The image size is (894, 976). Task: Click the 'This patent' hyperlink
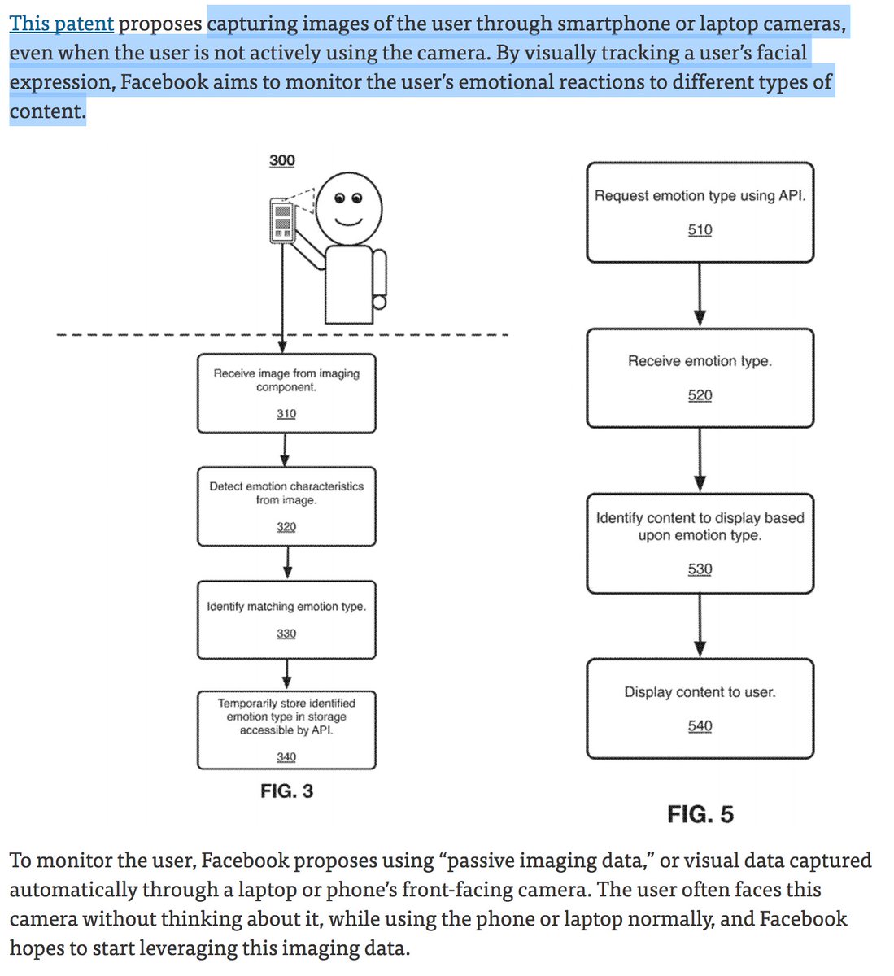61,24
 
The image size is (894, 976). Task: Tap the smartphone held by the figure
282,220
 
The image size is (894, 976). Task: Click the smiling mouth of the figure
348,222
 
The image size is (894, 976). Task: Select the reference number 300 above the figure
282,160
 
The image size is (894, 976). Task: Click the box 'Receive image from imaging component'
286,393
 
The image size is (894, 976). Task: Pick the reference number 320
286,526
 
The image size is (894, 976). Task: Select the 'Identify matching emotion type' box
286,620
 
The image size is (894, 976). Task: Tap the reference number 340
286,756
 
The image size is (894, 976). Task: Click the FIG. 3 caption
286,791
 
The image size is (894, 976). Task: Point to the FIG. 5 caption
700,814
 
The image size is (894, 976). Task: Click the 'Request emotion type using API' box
700,212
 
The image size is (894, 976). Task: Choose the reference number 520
700,395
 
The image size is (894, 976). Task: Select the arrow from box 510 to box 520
700,295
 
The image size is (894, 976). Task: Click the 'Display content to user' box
700,708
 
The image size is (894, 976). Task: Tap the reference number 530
700,569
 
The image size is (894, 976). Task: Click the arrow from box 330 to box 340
286,674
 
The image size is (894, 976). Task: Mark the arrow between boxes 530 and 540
700,625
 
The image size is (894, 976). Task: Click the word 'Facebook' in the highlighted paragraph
164,81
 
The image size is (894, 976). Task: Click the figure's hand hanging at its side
380,303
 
